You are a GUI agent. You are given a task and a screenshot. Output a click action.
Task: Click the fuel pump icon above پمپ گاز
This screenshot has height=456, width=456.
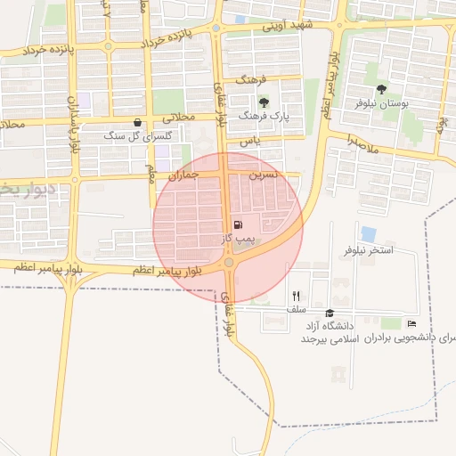(x=238, y=225)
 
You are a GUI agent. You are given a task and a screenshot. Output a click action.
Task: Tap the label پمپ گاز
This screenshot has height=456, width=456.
(x=239, y=240)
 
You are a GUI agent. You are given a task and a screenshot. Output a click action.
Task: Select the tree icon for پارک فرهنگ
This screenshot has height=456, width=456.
(x=265, y=102)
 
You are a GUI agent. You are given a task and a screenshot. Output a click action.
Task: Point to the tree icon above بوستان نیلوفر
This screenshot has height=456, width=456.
(x=382, y=89)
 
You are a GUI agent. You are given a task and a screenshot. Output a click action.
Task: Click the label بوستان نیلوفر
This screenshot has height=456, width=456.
(x=382, y=104)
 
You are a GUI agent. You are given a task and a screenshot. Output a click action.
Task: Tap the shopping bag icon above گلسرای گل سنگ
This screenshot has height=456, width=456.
(x=136, y=122)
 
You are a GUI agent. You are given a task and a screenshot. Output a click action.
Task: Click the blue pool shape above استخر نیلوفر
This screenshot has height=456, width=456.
(x=368, y=234)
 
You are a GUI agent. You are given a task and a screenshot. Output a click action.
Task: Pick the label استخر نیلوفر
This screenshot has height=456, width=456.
(x=369, y=250)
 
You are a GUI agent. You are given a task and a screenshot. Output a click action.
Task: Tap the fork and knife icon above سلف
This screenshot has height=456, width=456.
(x=296, y=296)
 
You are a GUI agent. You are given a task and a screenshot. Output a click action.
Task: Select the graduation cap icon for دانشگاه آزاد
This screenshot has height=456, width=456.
(x=330, y=313)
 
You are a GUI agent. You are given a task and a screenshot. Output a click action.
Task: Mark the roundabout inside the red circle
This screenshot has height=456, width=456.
(x=229, y=263)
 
